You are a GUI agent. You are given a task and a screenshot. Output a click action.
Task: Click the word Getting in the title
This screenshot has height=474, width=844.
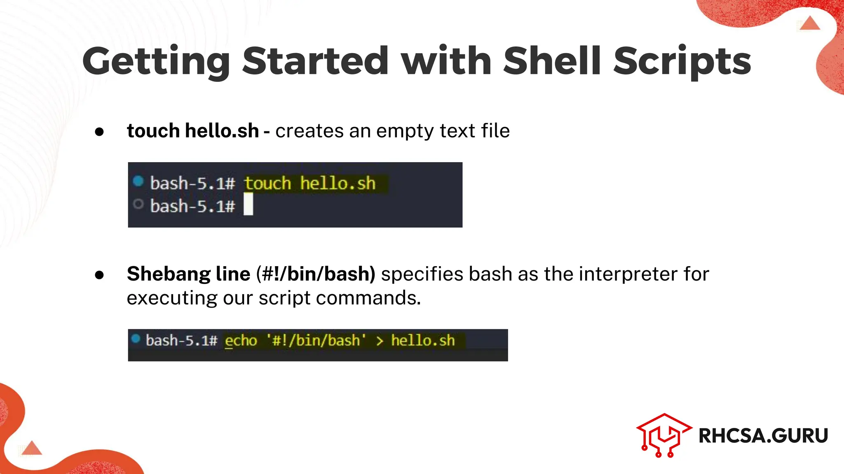tap(156, 62)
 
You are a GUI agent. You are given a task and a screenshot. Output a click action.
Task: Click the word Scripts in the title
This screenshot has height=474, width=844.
tap(682, 62)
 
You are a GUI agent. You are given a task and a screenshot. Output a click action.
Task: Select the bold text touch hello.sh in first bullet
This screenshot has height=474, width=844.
tap(192, 131)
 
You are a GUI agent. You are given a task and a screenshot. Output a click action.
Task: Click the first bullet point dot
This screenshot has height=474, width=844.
tap(99, 132)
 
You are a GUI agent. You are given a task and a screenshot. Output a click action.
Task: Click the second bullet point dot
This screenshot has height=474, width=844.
tap(99, 275)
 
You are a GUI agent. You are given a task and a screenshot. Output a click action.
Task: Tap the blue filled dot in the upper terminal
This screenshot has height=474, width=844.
tap(138, 181)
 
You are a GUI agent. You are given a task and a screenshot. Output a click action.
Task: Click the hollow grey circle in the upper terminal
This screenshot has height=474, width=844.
tap(138, 204)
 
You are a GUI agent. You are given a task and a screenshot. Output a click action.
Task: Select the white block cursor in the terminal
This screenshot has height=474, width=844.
tap(248, 204)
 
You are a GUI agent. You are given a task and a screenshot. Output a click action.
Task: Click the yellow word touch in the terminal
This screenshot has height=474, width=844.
tap(267, 184)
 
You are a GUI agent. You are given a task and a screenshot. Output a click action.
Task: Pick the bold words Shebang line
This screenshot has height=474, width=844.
tap(188, 274)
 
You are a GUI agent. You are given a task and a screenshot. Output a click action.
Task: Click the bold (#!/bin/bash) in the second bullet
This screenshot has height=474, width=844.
tap(316, 274)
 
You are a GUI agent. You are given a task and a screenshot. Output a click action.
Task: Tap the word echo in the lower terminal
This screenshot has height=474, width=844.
tap(241, 341)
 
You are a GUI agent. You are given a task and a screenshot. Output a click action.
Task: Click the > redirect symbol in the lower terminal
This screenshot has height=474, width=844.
tap(380, 341)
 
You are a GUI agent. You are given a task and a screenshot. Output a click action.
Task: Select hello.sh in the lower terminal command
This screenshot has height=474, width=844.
tap(423, 341)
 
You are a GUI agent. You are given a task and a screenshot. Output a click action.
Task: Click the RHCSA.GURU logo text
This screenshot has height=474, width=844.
tap(763, 436)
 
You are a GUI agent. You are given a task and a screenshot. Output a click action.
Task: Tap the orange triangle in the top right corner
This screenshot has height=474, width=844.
tap(810, 23)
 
